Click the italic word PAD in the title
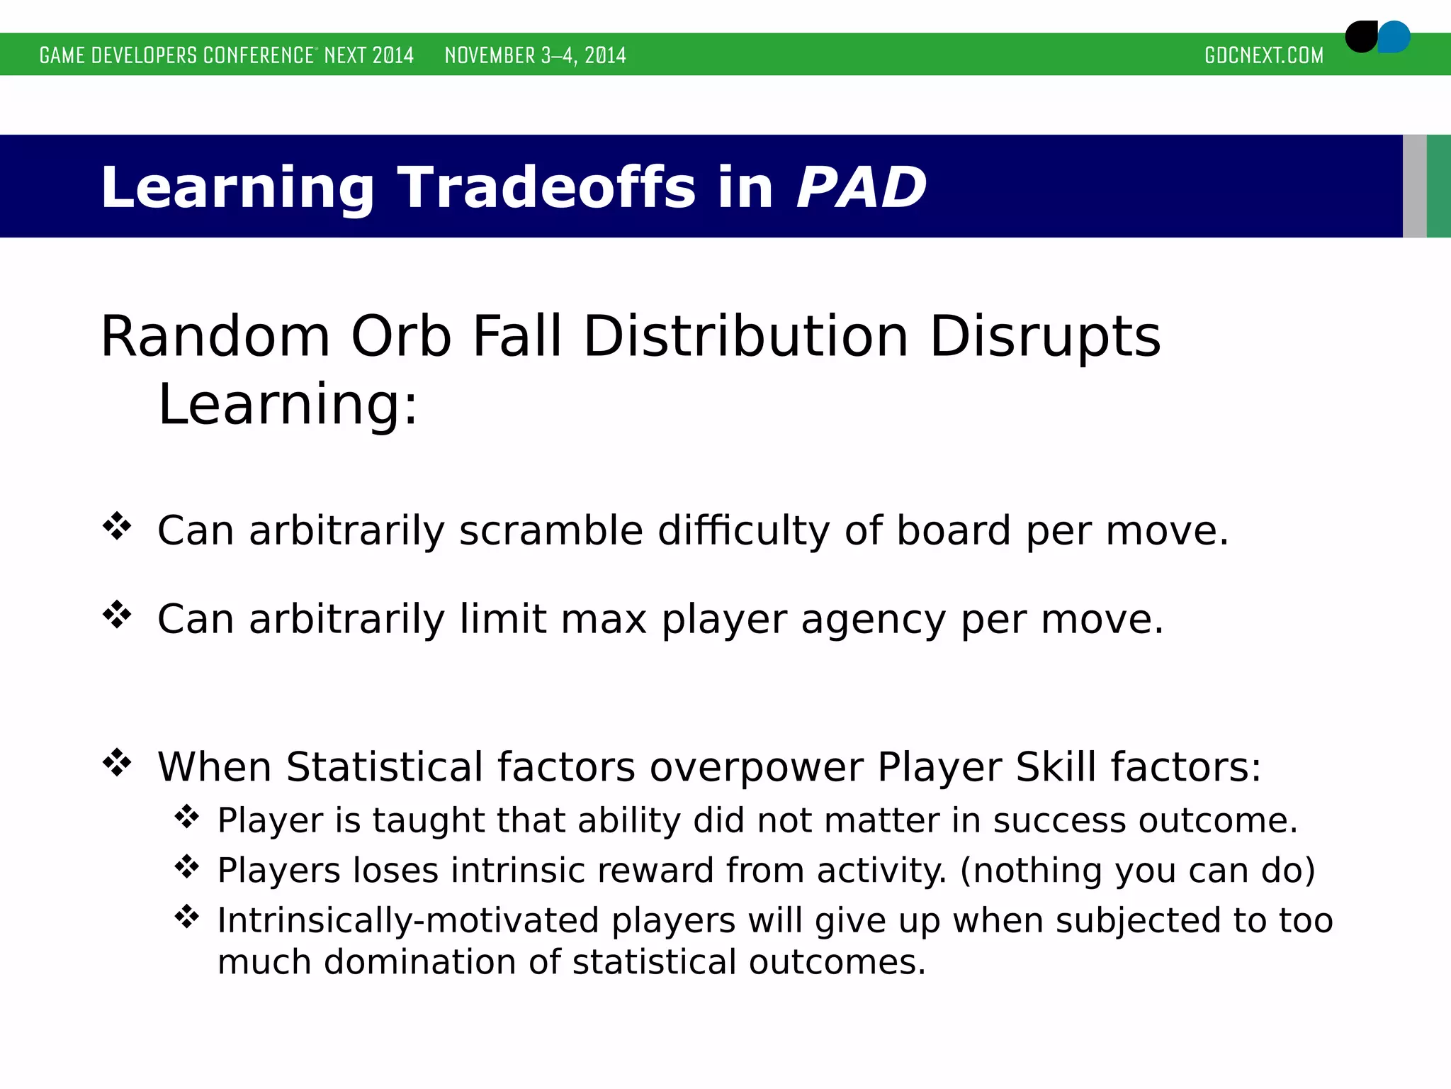(x=861, y=187)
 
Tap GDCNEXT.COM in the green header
(x=1263, y=55)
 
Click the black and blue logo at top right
(x=1377, y=37)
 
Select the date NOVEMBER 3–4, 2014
(x=535, y=55)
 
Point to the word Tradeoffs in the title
(x=546, y=187)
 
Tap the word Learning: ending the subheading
(x=288, y=404)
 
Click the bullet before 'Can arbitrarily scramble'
(x=117, y=527)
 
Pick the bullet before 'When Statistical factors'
(x=117, y=763)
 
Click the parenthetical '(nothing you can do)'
(x=1137, y=870)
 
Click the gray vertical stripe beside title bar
(x=1414, y=186)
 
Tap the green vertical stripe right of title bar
(x=1439, y=186)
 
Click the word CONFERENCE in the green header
(x=258, y=55)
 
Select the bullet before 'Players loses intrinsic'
(x=187, y=866)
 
